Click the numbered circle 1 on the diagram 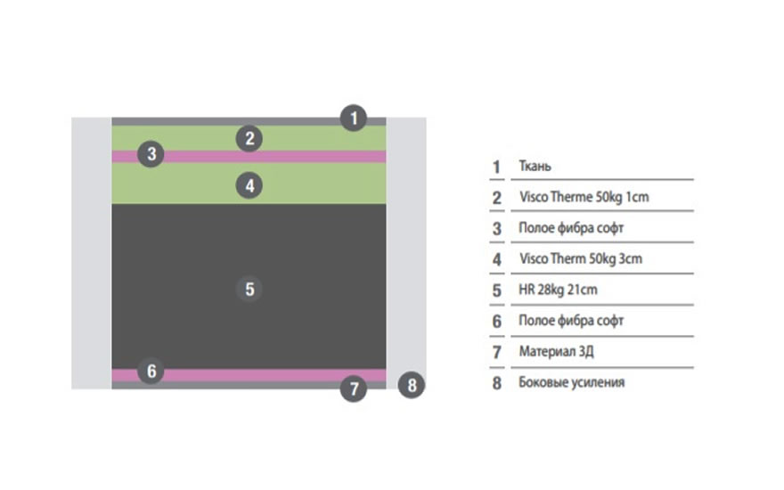[x=354, y=118]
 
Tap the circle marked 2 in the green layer [x=250, y=138]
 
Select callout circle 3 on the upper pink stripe [x=151, y=154]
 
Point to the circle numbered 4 [x=250, y=185]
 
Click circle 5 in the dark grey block [x=249, y=289]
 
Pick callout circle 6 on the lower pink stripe [x=151, y=371]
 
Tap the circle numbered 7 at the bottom [x=354, y=388]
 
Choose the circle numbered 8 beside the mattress [x=410, y=386]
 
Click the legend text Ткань [x=535, y=167]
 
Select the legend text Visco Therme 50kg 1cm [x=584, y=197]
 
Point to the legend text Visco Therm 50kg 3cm [x=580, y=259]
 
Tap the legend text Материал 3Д [x=556, y=351]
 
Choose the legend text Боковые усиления [x=571, y=382]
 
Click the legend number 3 [x=497, y=229]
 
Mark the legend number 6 [x=497, y=321]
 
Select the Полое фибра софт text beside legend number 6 [x=571, y=321]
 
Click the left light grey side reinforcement [x=91, y=253]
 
